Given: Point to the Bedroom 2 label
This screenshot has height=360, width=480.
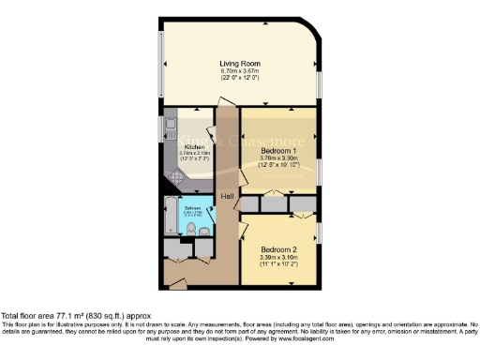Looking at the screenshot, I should pos(278,248).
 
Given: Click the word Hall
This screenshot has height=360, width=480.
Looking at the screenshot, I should pos(228,196).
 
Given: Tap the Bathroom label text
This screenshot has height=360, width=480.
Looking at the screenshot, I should pos(191,207).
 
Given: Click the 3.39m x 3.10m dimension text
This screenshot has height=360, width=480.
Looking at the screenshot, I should pos(278,257).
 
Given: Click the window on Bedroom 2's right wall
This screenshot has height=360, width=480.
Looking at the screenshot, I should pos(318,231).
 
